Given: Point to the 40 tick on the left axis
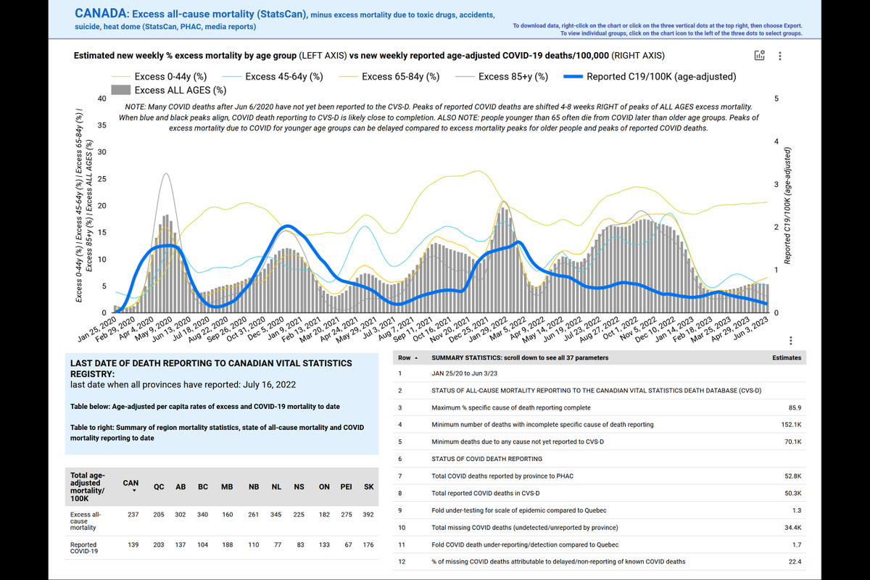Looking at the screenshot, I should pos(102,99).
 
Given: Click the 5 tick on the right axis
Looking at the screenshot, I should pos(777,99).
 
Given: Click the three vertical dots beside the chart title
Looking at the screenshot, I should pos(779,56).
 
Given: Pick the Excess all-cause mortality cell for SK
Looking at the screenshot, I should pos(369,515).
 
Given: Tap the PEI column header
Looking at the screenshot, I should pos(347,486).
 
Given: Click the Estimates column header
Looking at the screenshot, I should pos(787,357).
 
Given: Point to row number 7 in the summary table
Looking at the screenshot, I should pos(400,476).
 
